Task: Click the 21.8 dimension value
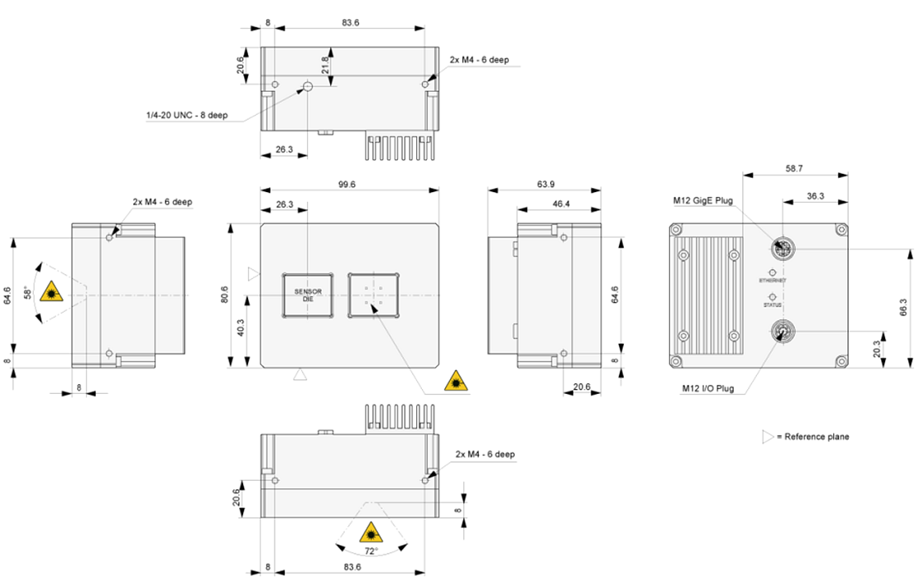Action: [326, 65]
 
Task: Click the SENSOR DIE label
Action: [308, 295]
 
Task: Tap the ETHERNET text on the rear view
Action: [773, 281]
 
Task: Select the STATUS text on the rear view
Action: [773, 305]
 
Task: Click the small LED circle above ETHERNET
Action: [773, 272]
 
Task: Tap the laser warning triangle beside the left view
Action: [51, 291]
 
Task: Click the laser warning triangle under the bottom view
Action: [371, 533]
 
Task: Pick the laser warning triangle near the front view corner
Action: [456, 382]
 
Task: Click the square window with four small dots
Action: [374, 295]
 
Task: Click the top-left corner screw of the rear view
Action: [676, 229]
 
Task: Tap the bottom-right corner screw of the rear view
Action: [841, 361]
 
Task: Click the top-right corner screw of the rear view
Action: [841, 229]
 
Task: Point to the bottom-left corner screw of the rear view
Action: [676, 361]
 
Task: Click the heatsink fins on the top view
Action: [400, 147]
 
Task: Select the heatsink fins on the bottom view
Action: [400, 419]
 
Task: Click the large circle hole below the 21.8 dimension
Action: [307, 86]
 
